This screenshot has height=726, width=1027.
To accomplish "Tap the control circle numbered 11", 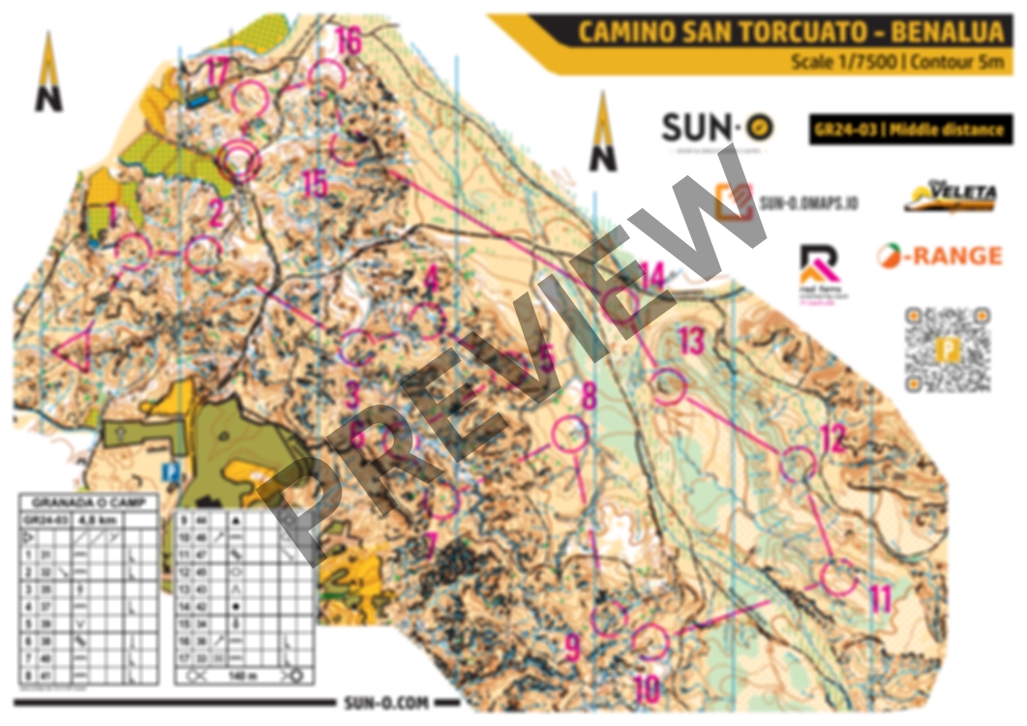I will (x=838, y=578).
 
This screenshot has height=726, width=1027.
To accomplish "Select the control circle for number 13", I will (x=669, y=386).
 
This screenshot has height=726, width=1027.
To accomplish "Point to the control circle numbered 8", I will (x=570, y=435).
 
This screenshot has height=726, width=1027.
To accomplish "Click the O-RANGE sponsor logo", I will (x=939, y=256).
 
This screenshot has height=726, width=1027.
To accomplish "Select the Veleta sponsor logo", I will (x=950, y=197).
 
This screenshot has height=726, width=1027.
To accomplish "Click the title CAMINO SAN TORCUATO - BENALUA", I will (x=790, y=32).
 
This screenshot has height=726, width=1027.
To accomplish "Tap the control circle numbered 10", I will (x=650, y=640).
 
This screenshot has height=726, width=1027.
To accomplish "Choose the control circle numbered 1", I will (x=134, y=252).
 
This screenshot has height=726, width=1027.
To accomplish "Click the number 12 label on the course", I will (x=832, y=439).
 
